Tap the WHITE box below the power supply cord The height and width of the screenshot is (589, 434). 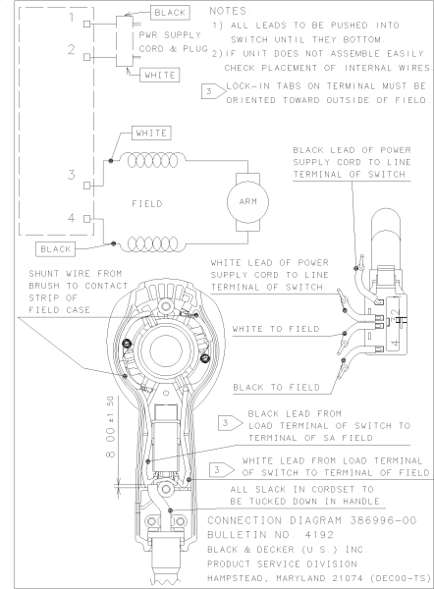159,75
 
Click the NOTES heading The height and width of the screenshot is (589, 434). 234,8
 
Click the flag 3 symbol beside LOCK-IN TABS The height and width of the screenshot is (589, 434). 207,91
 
